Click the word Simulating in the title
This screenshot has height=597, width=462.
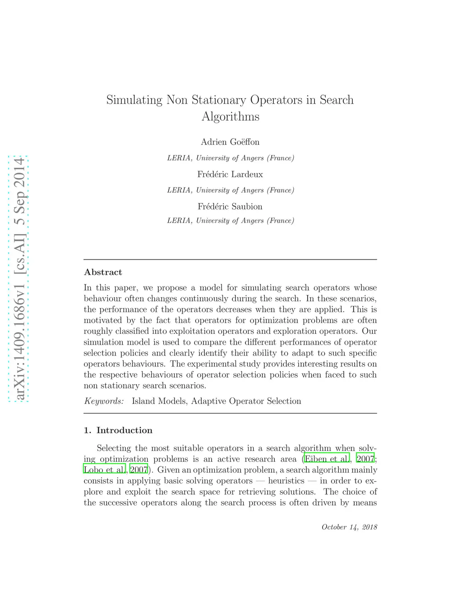pos(134,100)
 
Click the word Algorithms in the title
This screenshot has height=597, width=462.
pos(230,117)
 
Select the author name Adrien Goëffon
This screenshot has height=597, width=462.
pos(230,142)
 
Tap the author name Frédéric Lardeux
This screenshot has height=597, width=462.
pos(230,174)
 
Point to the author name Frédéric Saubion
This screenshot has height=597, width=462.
pos(230,207)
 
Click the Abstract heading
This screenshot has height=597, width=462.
pos(103,272)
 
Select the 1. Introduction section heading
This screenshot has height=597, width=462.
pos(118,430)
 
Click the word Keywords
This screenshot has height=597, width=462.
pos(104,401)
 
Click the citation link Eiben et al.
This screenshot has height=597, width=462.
pos(327,459)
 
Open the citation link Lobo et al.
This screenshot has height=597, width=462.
pos(104,470)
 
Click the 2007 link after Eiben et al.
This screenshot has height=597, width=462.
pos(365,459)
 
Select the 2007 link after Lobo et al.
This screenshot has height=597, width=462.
pos(139,470)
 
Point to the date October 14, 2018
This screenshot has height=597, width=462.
pos(349,527)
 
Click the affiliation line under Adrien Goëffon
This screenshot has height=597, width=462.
pos(230,158)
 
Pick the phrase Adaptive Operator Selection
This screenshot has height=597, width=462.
pos(246,401)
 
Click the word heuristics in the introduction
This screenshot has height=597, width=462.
pos(286,481)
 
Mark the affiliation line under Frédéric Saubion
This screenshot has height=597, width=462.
pos(230,221)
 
